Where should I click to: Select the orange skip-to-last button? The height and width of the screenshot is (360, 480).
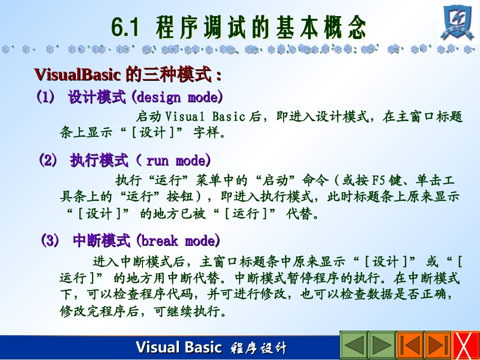[438, 345]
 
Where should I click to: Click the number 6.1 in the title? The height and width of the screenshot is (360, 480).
[125, 28]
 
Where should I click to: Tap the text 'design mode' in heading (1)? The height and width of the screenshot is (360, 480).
[179, 97]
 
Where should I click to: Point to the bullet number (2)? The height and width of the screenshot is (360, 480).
[49, 161]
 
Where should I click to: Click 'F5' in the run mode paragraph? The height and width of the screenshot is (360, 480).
[378, 180]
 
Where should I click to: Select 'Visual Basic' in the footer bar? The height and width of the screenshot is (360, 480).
[178, 347]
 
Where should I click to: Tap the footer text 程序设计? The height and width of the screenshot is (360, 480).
[258, 348]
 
